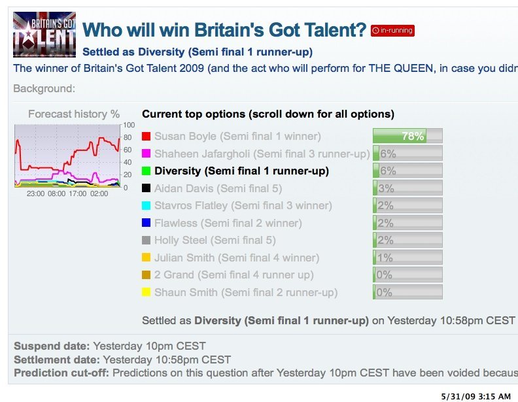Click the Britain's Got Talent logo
coord(44,35)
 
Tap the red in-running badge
coord(392,30)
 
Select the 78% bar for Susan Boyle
coord(407,136)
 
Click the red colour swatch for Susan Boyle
coord(146,137)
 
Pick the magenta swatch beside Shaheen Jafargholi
coord(146,154)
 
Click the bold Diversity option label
coord(241,171)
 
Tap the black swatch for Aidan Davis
coord(146,188)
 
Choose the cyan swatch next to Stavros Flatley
coord(146,205)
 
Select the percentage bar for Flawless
coord(407,223)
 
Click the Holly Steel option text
coord(215,241)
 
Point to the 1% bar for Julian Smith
coord(407,258)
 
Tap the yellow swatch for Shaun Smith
coord(146,292)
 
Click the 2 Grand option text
coord(234,275)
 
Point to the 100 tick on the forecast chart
coord(129,125)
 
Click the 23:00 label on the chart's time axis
coord(35,193)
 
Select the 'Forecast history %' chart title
coord(74,114)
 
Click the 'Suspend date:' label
coord(52,346)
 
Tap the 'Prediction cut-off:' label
coord(61,373)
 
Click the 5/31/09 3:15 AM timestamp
coord(475,396)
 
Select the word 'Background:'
coord(44,88)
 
